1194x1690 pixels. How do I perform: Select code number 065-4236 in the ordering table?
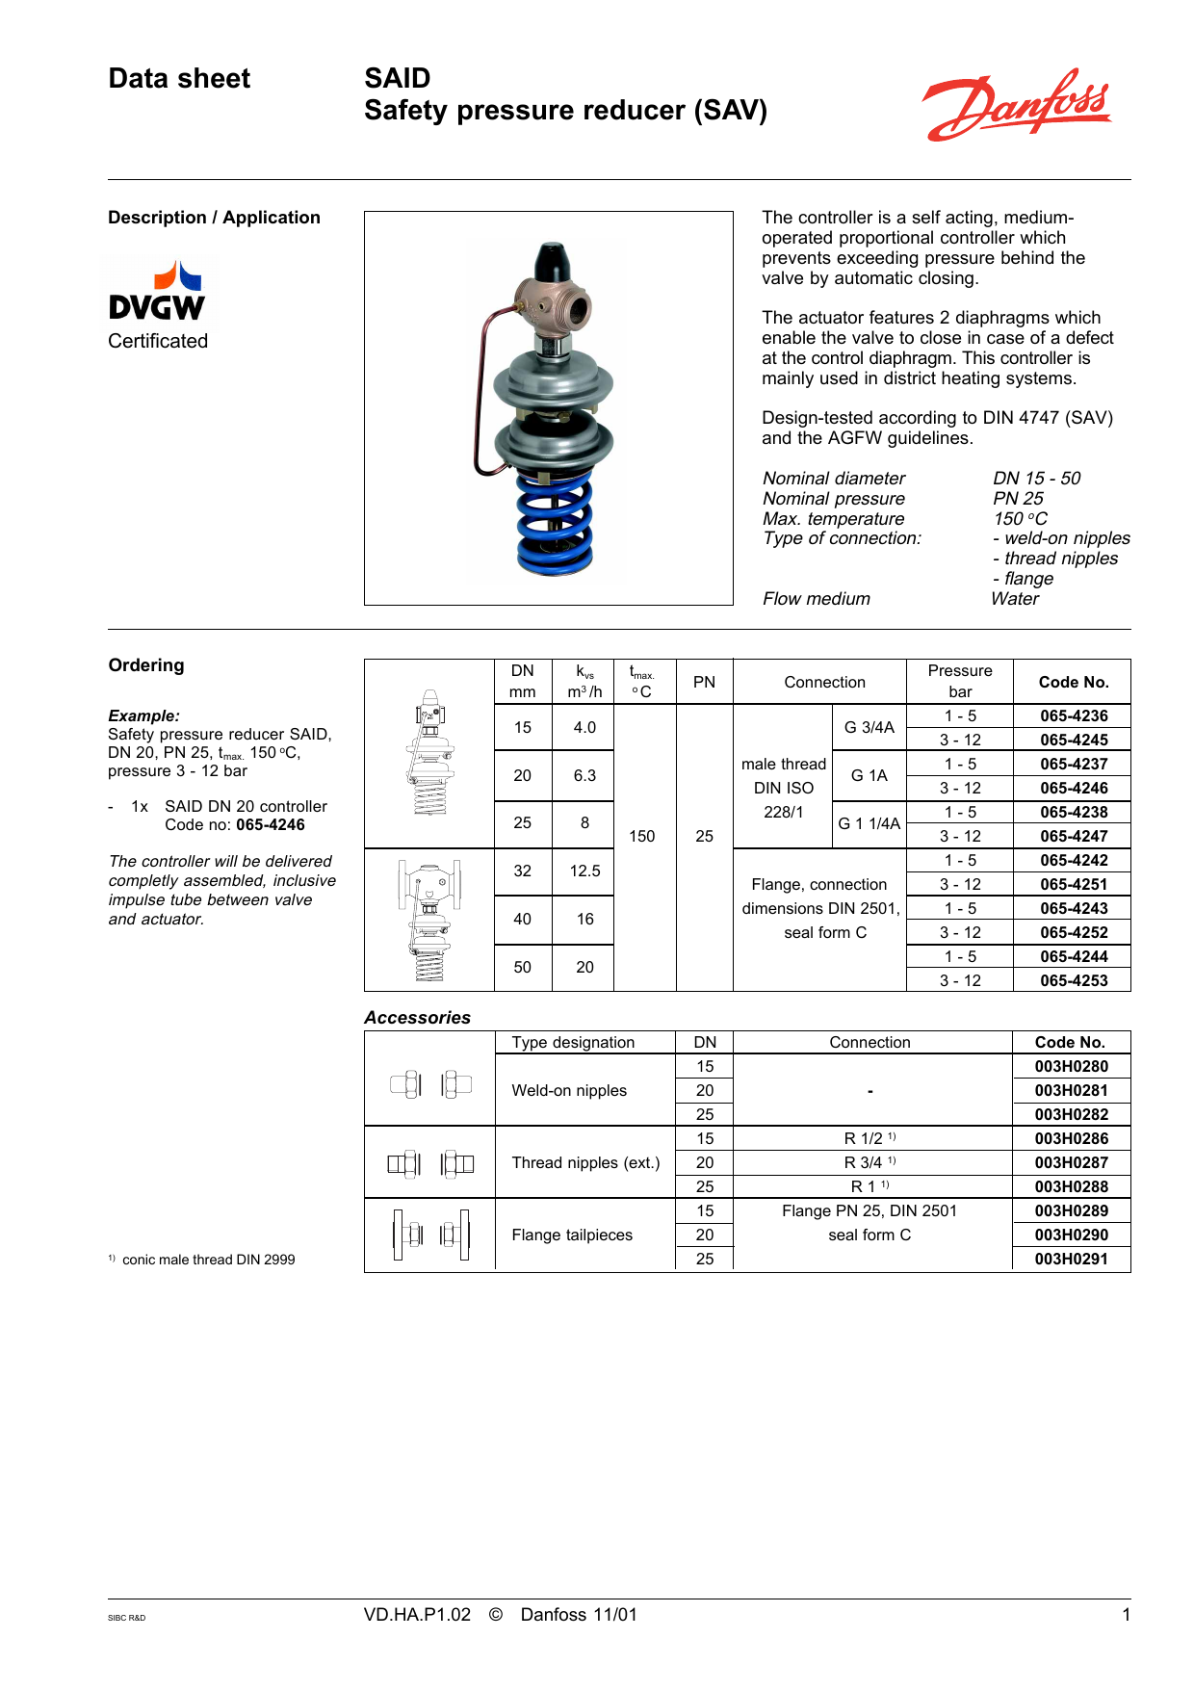click(1073, 715)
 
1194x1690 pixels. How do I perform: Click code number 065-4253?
click(1073, 980)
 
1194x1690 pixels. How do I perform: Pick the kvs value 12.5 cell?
click(584, 871)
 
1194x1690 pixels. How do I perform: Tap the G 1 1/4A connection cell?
click(869, 823)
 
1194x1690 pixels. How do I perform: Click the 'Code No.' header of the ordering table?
click(1073, 682)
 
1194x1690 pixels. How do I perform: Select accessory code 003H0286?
click(1071, 1138)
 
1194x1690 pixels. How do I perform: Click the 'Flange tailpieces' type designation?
click(572, 1235)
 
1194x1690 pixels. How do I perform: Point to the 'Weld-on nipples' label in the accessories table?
click(569, 1090)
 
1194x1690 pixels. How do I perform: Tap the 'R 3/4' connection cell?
click(869, 1162)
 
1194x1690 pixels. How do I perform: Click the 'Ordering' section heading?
click(146, 665)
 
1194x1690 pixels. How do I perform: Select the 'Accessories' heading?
click(417, 1018)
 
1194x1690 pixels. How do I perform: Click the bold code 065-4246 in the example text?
click(270, 825)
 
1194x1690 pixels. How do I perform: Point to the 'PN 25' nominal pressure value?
click(1018, 499)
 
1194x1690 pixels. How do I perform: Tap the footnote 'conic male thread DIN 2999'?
click(208, 1260)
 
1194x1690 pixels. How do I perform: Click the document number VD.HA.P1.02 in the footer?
click(417, 1615)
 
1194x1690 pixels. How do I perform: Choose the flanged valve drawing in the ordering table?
click(429, 920)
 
